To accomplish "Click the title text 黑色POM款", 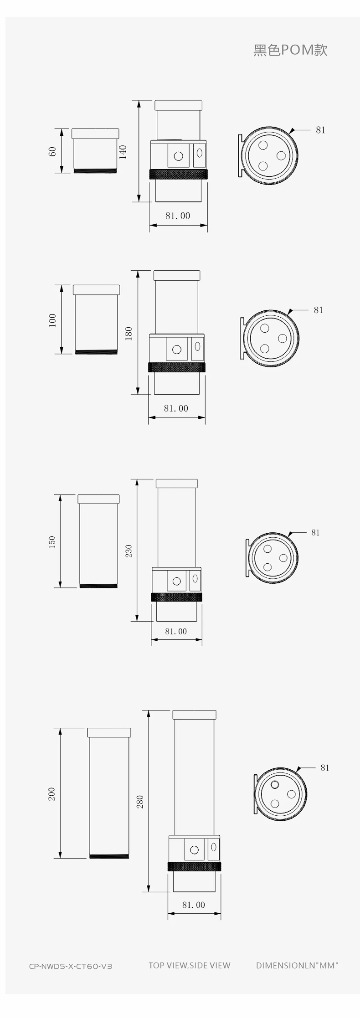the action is click(290, 50).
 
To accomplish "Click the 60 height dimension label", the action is click(52, 151).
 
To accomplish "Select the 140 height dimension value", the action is click(123, 151).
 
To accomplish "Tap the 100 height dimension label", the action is click(52, 320).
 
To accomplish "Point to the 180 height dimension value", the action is click(129, 333).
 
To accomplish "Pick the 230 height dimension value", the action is click(129, 551).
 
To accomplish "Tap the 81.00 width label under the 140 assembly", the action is click(178, 216).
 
